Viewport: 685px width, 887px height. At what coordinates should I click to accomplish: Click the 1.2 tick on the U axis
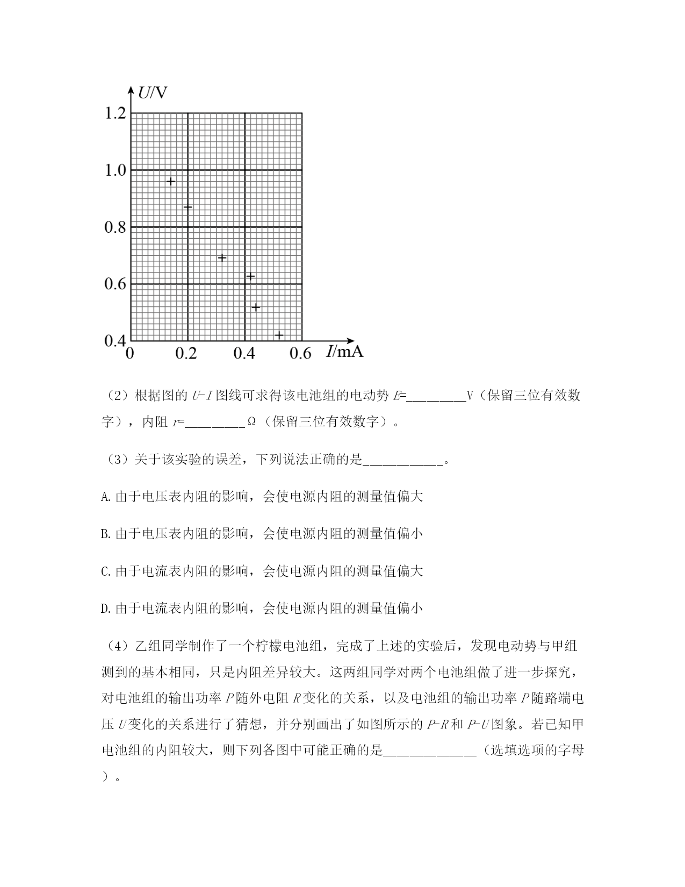tap(114, 113)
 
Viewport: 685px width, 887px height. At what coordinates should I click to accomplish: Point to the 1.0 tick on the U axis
tap(114, 170)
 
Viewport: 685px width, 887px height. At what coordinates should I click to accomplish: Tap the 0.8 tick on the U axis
tap(114, 227)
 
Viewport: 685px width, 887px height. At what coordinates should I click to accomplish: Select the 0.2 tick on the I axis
tap(186, 353)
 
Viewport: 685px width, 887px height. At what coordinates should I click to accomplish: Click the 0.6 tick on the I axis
tap(300, 353)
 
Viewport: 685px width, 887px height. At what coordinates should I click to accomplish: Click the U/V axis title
tap(152, 93)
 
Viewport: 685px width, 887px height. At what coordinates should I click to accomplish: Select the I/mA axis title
tap(344, 352)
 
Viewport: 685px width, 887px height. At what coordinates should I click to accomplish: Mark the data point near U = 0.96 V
tap(170, 182)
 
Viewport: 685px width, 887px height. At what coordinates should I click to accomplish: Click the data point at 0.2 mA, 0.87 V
tap(188, 207)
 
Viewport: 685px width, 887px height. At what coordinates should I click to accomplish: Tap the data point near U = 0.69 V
tap(222, 257)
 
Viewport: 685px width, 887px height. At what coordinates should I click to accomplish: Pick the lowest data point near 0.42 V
tap(279, 335)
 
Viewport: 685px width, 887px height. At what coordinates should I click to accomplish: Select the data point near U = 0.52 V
tap(256, 307)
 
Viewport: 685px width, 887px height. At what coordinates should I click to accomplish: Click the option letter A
tap(105, 497)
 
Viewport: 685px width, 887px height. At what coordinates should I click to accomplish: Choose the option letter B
tap(105, 534)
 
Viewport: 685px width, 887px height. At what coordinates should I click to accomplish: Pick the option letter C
tap(105, 571)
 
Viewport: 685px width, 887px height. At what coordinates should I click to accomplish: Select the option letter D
tap(105, 609)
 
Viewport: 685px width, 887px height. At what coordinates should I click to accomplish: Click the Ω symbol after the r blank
tap(251, 422)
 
